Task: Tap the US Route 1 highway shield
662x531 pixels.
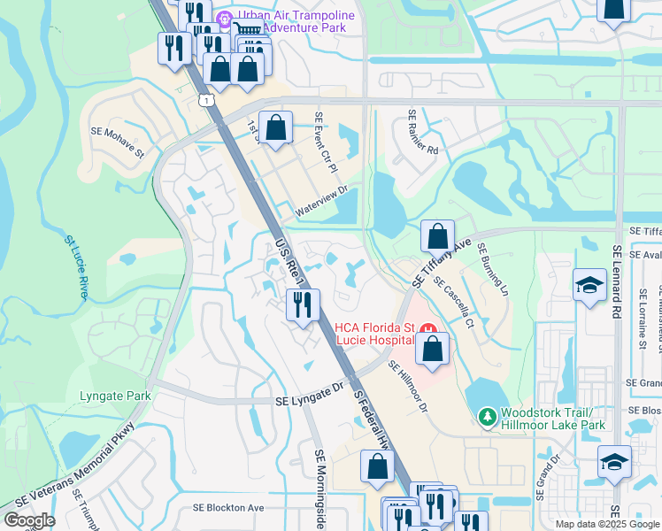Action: (206, 101)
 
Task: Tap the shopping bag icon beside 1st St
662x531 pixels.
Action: (276, 128)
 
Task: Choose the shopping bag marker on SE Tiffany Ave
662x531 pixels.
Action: (437, 237)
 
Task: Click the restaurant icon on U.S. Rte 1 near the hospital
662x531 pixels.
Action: (303, 306)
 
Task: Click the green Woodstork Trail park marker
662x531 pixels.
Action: (485, 415)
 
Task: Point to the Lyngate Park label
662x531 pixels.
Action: (115, 396)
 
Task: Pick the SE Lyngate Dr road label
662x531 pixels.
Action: (308, 388)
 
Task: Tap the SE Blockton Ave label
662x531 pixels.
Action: (229, 508)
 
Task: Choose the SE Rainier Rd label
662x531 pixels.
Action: (422, 133)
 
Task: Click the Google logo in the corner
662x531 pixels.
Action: (29, 520)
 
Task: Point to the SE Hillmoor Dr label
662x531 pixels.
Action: (408, 392)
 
